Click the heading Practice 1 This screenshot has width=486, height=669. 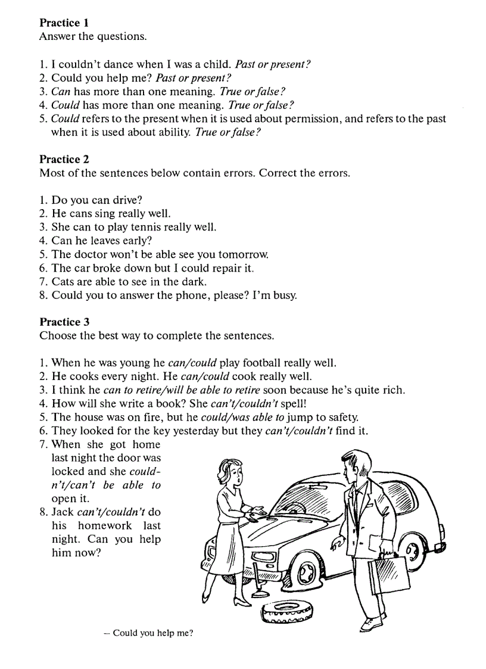click(64, 23)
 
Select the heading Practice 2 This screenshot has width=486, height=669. click(64, 159)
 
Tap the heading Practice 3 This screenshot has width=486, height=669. click(64, 322)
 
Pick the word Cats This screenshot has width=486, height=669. click(63, 281)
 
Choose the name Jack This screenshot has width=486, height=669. click(63, 512)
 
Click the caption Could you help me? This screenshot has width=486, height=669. click(148, 633)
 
